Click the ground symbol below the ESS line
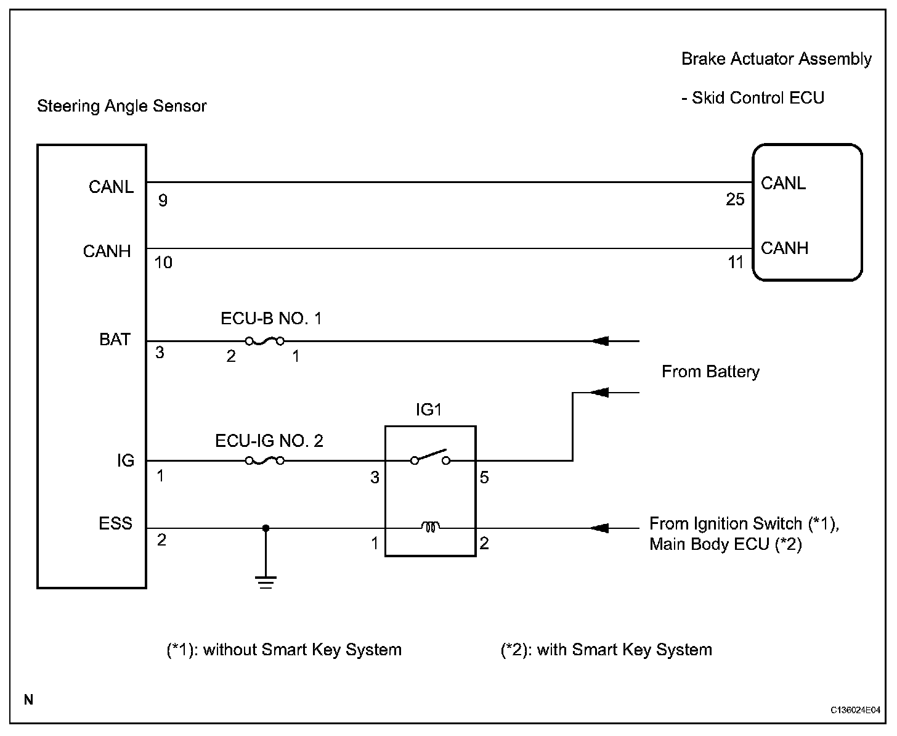266,582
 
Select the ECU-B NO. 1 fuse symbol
264,341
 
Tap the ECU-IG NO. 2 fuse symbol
264,460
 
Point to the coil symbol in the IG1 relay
430,527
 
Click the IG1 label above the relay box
429,410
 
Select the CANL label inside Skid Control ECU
783,183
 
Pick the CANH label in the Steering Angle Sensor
107,251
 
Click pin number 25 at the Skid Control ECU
735,200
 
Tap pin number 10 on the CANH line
163,263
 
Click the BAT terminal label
115,340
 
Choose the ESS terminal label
115,523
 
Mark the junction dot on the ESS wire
266,528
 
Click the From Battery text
710,372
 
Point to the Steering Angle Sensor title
122,106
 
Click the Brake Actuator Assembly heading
776,59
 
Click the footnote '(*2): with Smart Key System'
606,650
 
